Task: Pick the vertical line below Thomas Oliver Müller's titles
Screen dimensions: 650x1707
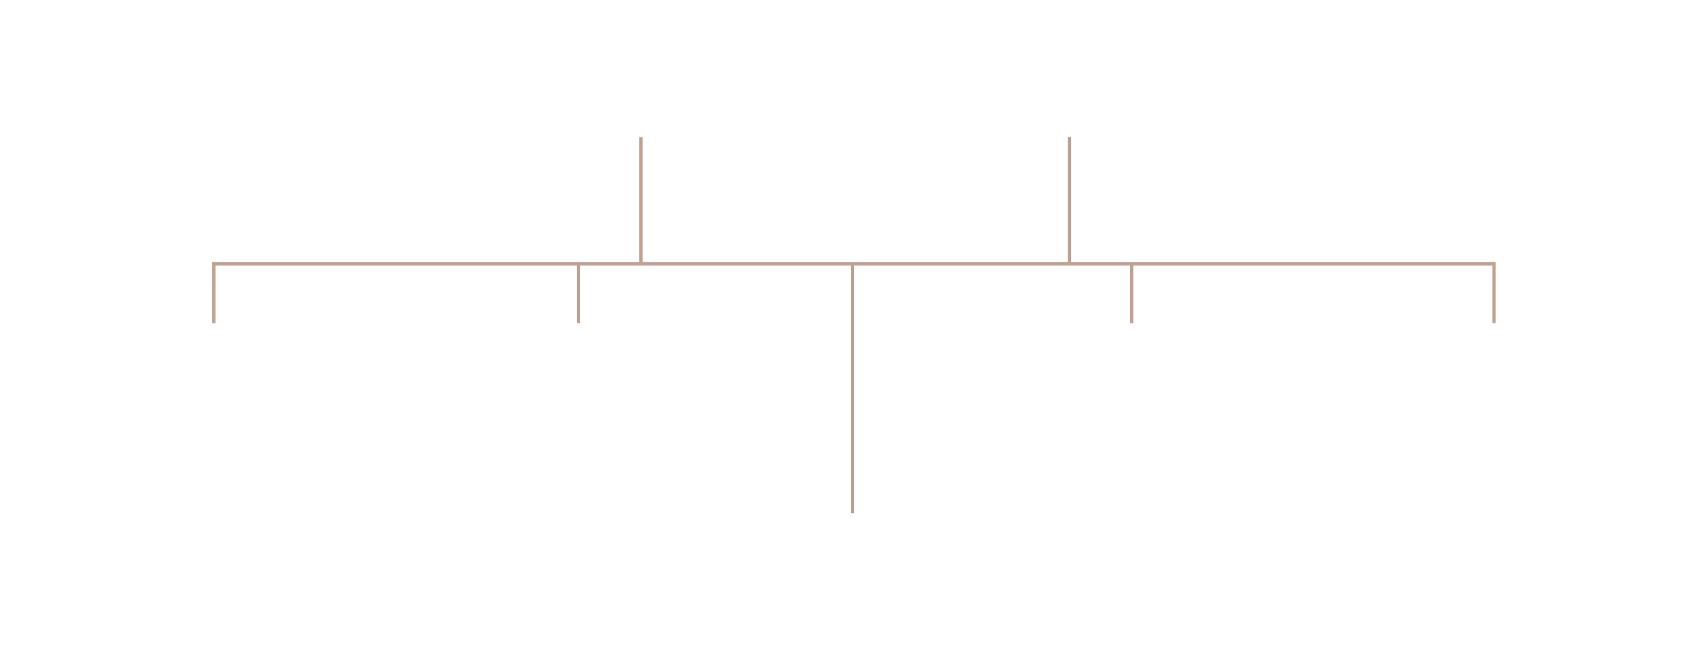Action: tap(641, 198)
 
